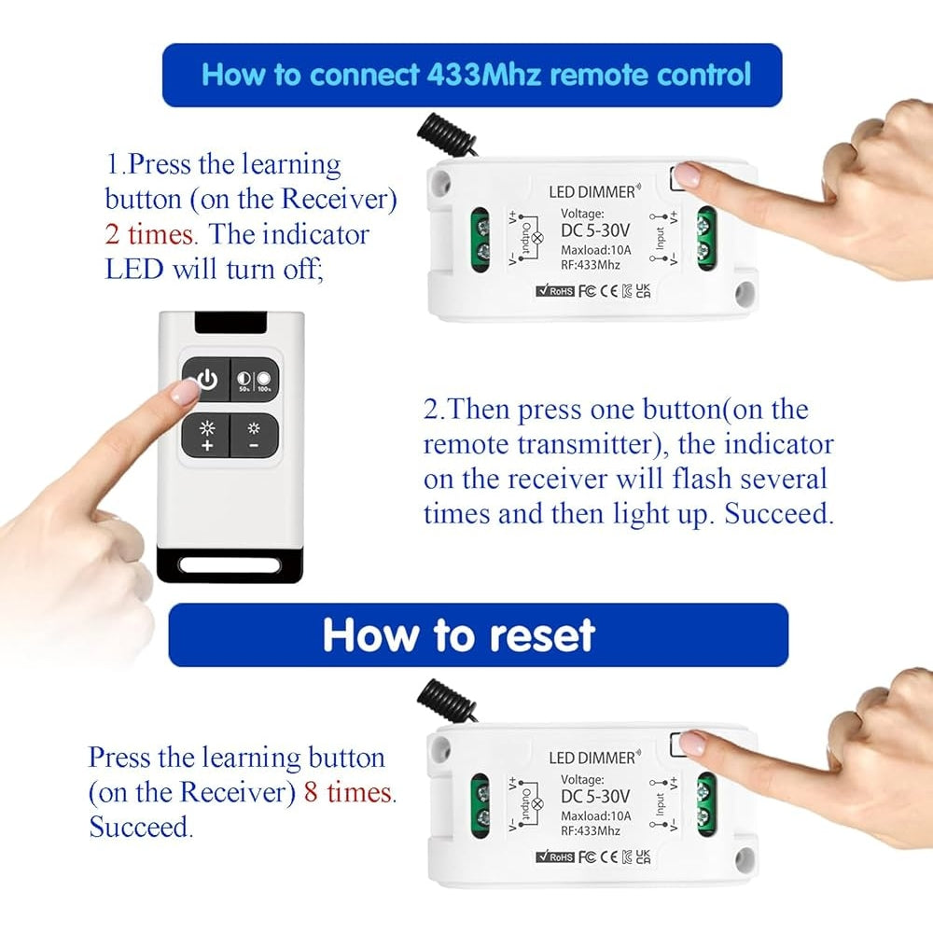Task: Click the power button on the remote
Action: [206, 381]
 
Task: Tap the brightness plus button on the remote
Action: [206, 435]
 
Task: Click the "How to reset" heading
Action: [458, 635]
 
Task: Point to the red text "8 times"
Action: [349, 792]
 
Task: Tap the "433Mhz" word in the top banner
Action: [484, 75]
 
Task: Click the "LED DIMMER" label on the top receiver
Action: [592, 192]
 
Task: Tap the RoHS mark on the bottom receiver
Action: [555, 856]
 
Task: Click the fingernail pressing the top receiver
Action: [689, 174]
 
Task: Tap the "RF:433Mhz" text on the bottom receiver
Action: [590, 830]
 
